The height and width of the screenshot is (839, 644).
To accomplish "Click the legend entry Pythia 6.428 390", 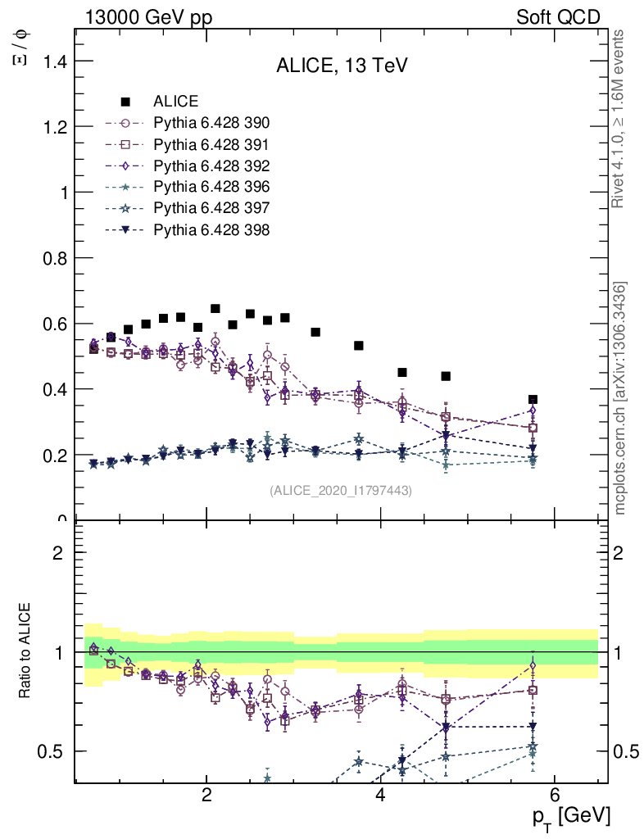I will click(211, 123).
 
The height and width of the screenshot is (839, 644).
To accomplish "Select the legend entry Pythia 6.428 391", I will click(211, 144).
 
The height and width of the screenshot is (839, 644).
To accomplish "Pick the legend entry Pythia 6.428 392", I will click(211, 166).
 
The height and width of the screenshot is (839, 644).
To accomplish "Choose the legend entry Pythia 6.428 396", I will click(211, 187).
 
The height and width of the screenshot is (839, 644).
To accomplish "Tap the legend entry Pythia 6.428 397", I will click(211, 208).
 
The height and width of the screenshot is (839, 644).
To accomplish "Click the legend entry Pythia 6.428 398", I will click(211, 229).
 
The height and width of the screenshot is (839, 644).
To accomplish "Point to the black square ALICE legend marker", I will click(125, 102).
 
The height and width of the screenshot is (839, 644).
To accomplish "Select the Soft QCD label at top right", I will click(558, 17).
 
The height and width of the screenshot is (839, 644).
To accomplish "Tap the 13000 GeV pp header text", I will click(148, 17).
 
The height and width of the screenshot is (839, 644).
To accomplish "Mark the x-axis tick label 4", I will click(380, 794).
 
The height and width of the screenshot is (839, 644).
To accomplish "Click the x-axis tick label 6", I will click(554, 794).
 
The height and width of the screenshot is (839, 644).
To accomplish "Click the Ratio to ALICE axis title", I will click(26, 651).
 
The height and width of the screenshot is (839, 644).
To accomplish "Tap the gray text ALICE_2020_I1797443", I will click(341, 490).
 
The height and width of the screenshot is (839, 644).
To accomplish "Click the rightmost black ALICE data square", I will click(533, 399).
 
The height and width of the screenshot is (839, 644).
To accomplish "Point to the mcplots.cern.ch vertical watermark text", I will click(620, 398).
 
